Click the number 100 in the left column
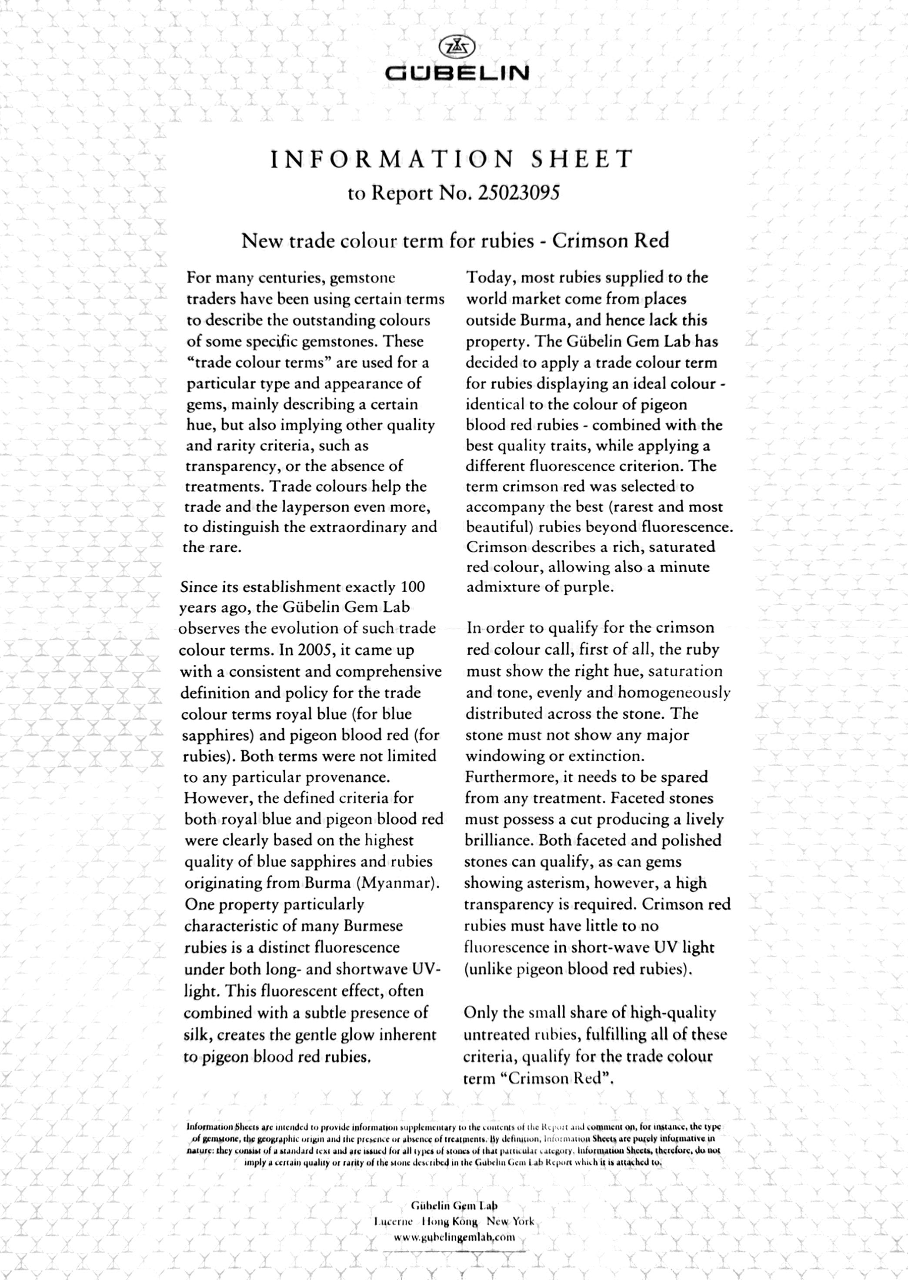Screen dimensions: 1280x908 point(413,587)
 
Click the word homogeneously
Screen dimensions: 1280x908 point(674,693)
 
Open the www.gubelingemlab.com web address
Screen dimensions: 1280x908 point(454,1237)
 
